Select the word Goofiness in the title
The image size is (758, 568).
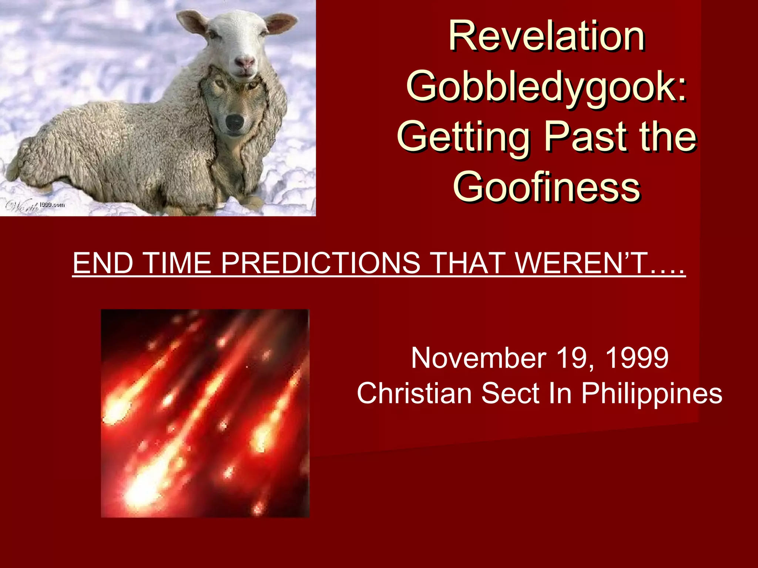point(547,187)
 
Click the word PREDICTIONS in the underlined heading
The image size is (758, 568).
point(321,263)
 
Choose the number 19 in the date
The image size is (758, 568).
point(573,358)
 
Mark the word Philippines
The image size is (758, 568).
point(651,393)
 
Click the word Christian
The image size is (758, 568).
point(415,393)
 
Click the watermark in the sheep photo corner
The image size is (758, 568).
point(35,205)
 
